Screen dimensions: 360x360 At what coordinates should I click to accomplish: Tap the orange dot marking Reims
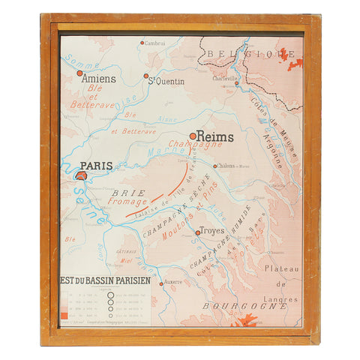point(193,136)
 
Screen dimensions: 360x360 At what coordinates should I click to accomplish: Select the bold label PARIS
point(96,166)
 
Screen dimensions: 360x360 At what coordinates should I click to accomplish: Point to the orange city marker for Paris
point(81,175)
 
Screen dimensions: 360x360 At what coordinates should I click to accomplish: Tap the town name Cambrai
point(154,43)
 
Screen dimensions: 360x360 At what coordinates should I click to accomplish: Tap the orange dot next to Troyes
point(198,232)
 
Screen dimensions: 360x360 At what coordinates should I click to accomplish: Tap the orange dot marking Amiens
point(79,73)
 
